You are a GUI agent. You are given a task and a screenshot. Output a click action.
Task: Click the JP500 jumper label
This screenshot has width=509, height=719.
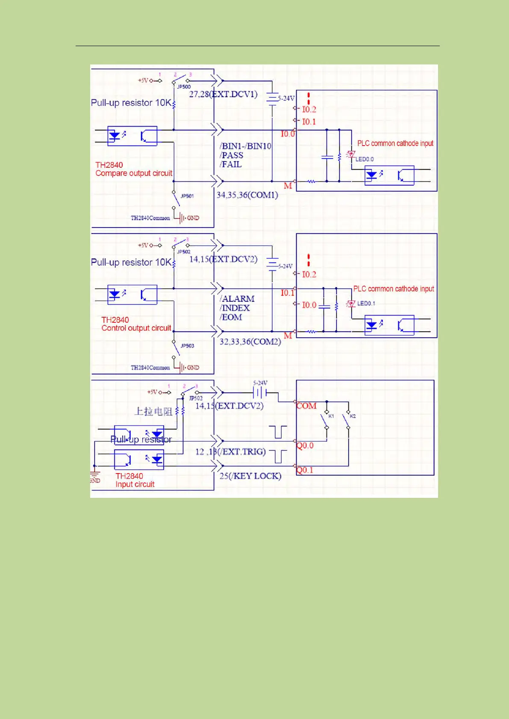(184, 87)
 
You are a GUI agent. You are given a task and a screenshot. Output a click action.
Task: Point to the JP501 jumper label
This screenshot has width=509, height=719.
(187, 196)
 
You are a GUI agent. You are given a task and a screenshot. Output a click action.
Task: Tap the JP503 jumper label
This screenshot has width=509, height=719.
(187, 345)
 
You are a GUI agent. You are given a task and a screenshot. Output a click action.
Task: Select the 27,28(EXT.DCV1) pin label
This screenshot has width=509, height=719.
(223, 94)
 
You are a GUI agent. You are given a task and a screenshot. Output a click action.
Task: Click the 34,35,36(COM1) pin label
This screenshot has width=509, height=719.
(247, 195)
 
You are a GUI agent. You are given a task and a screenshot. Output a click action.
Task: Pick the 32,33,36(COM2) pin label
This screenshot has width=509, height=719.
(250, 342)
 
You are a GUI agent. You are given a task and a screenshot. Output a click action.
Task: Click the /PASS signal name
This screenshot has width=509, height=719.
(232, 155)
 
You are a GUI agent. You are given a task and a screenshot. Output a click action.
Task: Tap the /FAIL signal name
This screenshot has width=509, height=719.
(231, 164)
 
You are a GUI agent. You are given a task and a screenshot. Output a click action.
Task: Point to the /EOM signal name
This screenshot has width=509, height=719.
(231, 317)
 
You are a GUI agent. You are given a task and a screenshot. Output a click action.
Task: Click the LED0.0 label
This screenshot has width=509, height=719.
(365, 159)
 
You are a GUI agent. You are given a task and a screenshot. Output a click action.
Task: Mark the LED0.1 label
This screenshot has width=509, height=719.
(366, 304)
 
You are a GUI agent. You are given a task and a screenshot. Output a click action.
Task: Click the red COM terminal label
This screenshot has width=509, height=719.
(306, 406)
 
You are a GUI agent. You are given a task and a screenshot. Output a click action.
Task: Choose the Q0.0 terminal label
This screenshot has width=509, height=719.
(305, 445)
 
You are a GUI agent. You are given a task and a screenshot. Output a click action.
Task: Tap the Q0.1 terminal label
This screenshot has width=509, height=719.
(305, 470)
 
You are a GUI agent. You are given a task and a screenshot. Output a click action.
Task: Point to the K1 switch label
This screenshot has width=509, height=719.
(331, 416)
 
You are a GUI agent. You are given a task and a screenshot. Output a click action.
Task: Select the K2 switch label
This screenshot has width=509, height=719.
(353, 416)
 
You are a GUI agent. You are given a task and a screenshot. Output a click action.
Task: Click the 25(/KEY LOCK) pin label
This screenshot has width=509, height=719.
(250, 476)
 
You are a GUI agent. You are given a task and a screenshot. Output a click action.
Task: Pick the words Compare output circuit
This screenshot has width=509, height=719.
(134, 173)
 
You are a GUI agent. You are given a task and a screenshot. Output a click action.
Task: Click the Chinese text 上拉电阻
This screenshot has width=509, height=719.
(153, 411)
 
